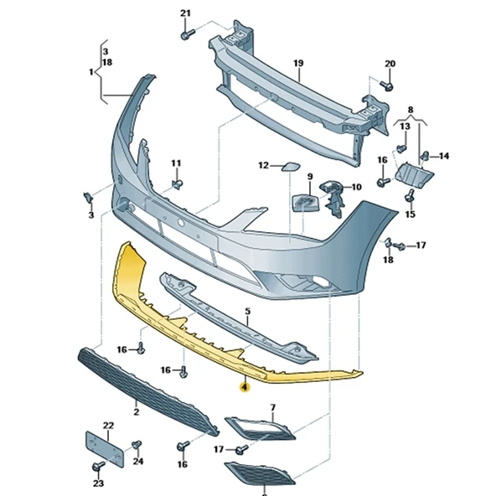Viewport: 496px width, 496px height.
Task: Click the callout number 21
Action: click(x=185, y=13)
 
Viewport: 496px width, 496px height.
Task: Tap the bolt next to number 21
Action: click(x=187, y=34)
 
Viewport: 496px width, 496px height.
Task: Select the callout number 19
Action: click(x=297, y=63)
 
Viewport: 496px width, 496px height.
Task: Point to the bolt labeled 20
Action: click(x=387, y=85)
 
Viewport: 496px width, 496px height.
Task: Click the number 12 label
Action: click(x=262, y=166)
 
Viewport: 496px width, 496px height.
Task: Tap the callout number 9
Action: click(x=308, y=177)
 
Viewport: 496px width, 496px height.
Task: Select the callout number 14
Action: click(x=444, y=156)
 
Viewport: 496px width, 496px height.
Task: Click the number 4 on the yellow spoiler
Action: click(x=244, y=387)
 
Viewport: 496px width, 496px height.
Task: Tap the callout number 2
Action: click(x=136, y=413)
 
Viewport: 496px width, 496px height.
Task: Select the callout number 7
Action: click(x=272, y=408)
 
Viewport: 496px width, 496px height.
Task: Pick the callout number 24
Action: click(x=138, y=461)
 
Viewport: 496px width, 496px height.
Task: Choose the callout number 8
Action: click(x=410, y=110)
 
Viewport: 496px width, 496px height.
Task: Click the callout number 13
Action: click(x=405, y=126)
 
